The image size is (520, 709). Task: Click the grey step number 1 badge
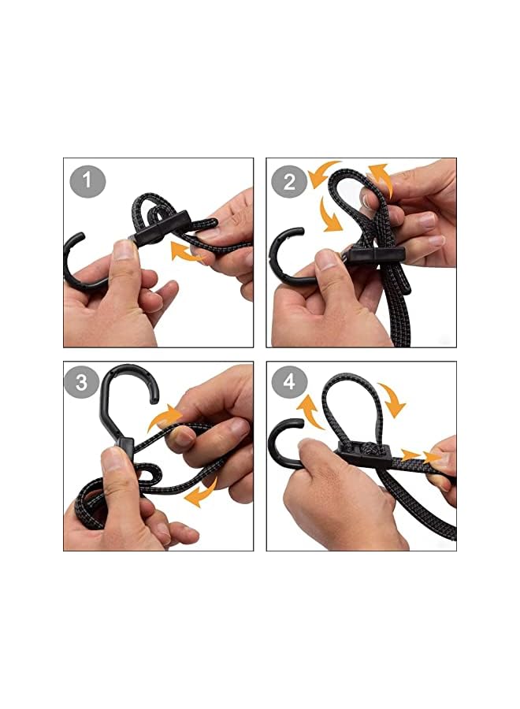[x=87, y=182]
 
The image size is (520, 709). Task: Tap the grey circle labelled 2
[x=289, y=182]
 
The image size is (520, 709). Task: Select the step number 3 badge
[x=82, y=384]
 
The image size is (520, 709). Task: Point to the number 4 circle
[x=289, y=384]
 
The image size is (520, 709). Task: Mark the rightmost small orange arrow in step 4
[x=434, y=456]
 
